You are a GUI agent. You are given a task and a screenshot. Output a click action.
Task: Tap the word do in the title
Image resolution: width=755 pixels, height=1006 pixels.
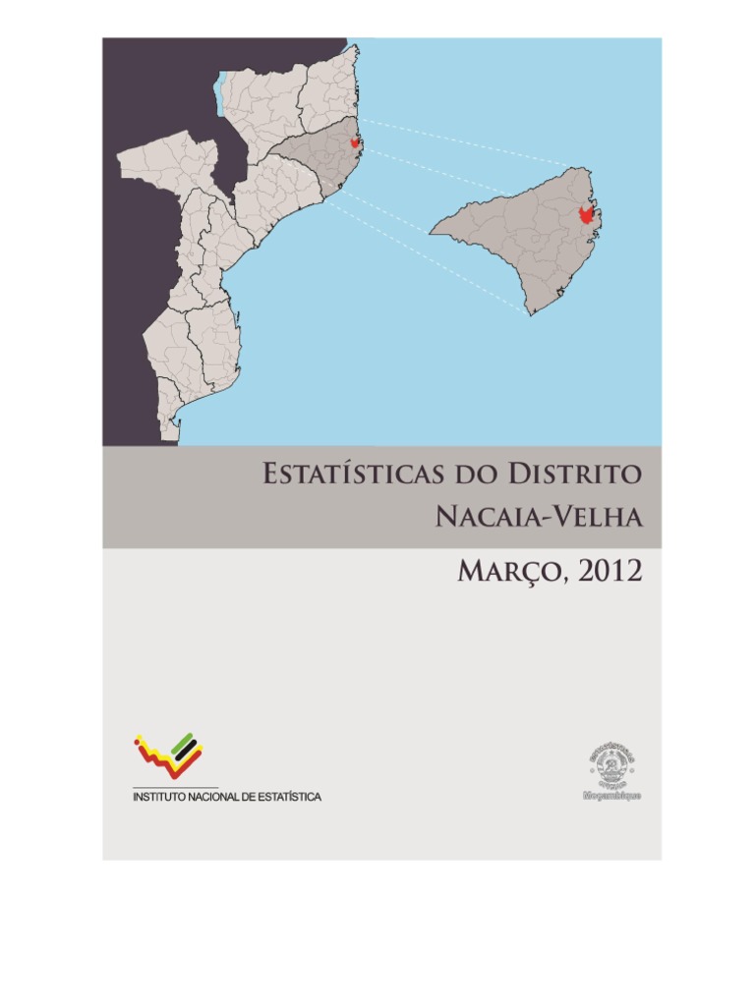(469, 476)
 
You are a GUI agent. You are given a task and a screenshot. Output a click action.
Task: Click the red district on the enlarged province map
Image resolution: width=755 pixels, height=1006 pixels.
(587, 214)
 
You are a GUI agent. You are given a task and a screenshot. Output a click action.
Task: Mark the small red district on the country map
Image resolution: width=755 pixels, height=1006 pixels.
(355, 142)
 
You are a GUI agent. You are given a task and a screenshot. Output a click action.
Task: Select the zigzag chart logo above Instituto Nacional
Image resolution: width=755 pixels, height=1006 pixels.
(168, 755)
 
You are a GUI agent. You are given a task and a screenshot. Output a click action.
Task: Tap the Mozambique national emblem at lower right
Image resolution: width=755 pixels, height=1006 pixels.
(611, 764)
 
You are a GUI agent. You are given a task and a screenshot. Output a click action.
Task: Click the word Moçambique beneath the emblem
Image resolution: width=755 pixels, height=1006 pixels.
(611, 795)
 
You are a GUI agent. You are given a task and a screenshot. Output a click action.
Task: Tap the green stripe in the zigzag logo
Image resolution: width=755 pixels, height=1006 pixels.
(183, 746)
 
